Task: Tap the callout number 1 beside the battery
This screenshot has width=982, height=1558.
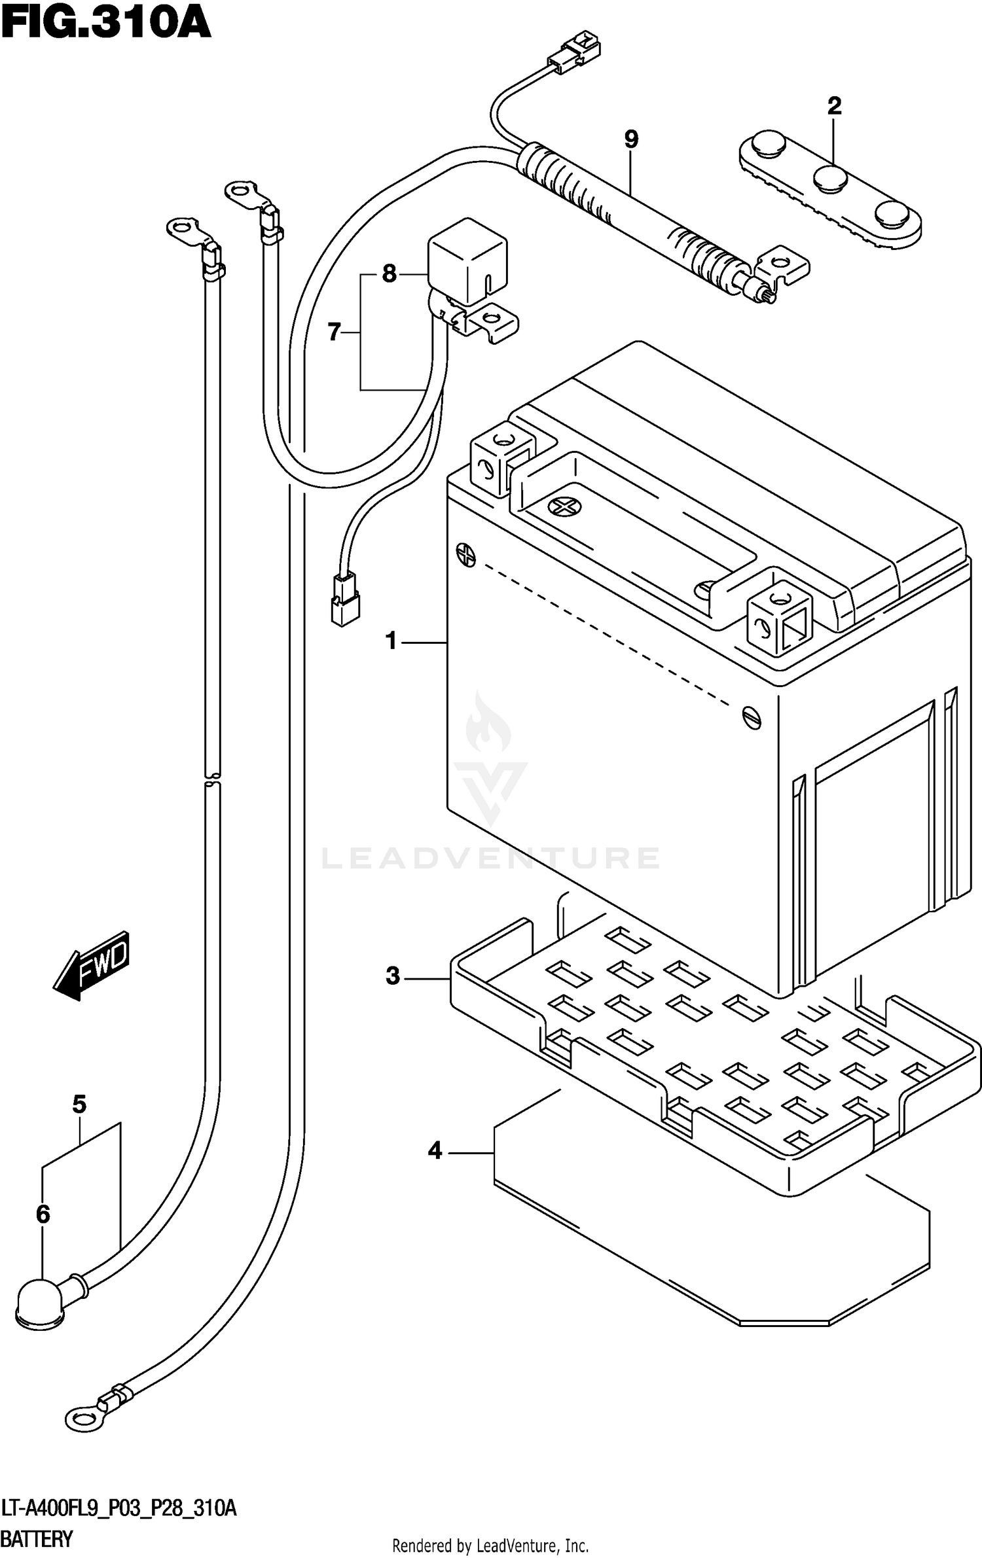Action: coord(391,641)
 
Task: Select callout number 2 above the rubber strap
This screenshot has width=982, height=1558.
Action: coord(834,106)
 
